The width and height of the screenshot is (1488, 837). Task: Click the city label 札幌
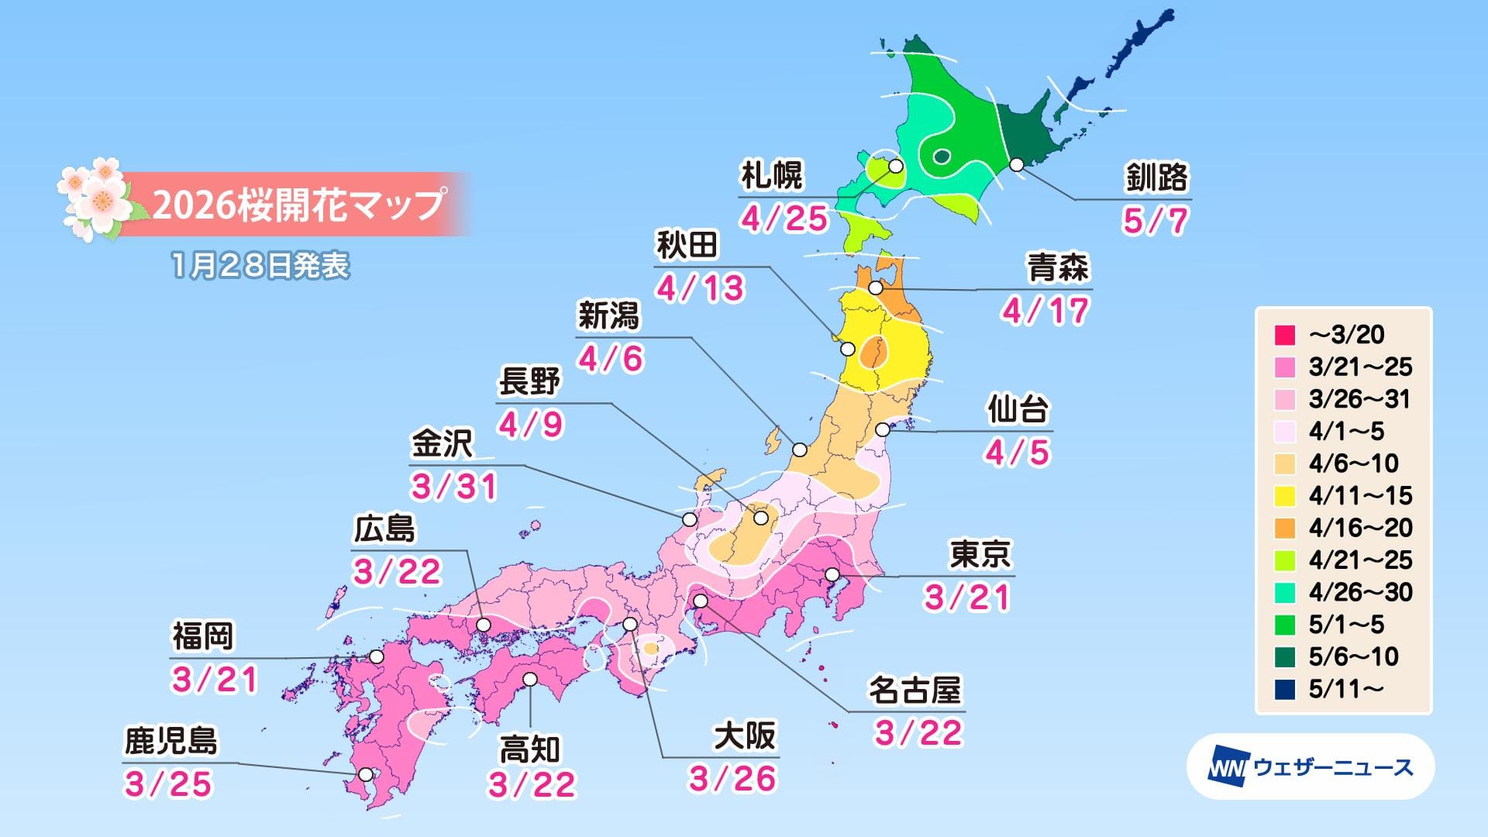coord(772,176)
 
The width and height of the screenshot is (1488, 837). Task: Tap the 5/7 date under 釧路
coord(1155,221)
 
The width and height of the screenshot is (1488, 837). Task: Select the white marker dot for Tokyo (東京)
coord(832,575)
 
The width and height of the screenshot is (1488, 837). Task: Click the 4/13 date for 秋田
coord(701,288)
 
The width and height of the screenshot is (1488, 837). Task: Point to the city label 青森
coord(1058,268)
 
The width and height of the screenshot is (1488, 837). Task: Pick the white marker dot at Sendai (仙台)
coord(883,429)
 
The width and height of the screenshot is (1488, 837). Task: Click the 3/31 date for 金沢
coord(454,487)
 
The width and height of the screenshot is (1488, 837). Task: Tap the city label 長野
coord(529,382)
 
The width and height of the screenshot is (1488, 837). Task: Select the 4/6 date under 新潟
coord(611,359)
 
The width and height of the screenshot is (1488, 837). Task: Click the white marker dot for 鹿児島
coord(366,773)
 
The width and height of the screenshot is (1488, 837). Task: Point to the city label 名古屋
coord(914,691)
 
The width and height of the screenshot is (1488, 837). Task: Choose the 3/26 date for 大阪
coord(732,779)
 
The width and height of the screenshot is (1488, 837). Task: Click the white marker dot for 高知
coord(531,680)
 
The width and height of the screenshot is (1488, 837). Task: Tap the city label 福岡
coord(203,637)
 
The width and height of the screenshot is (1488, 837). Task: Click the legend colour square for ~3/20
coord(1285,335)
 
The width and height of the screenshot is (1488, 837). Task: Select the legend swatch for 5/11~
coord(1285,689)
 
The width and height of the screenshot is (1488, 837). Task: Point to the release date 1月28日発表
coord(260,266)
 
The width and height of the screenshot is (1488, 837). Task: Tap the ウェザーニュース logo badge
coord(1311,767)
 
